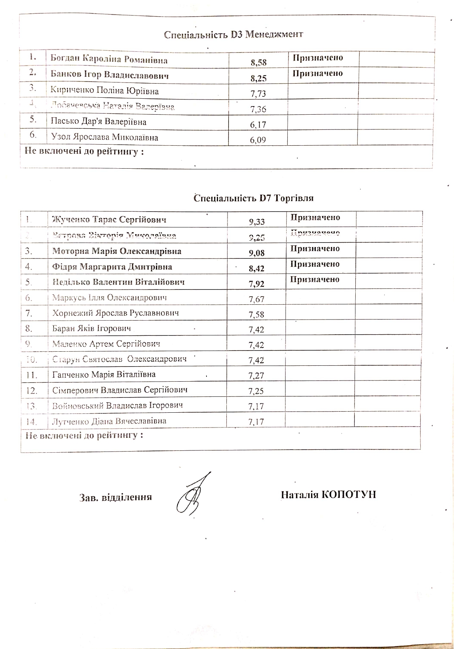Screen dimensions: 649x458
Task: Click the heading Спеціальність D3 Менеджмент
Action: pos(233,35)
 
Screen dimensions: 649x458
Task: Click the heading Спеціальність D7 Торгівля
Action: pos(253,198)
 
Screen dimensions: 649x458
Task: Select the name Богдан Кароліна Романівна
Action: pos(109,60)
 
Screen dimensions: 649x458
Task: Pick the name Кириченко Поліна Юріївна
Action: pos(105,91)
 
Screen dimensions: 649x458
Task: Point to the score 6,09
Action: pos(258,140)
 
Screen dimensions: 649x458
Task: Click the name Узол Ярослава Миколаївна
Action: pos(105,138)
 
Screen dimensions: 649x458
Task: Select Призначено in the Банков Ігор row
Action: pos(318,73)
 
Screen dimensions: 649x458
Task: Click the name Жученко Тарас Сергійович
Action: pos(109,220)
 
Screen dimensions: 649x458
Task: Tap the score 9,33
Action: pos(257,222)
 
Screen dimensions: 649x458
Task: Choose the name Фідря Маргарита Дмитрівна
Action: pos(112,267)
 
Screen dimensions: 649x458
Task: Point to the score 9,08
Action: pos(257,253)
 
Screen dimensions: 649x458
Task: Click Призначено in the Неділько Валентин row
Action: pos(315,280)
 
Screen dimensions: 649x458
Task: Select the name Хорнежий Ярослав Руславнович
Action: pos(116,313)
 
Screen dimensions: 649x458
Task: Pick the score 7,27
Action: pos(256,375)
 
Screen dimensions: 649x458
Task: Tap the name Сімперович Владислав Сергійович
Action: pos(120,390)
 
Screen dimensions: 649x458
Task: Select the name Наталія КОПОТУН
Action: pos(328,495)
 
